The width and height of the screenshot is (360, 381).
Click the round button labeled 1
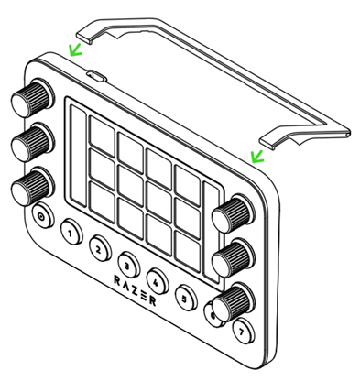click(x=71, y=232)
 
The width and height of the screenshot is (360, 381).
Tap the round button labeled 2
click(x=100, y=248)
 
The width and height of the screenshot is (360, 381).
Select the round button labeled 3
click(x=128, y=264)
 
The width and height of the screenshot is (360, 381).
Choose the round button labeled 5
click(x=186, y=297)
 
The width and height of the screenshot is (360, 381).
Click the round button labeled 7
click(x=243, y=331)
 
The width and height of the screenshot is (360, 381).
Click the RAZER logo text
click(x=135, y=290)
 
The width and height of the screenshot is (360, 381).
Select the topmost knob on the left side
click(x=33, y=98)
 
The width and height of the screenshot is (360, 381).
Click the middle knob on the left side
click(x=33, y=142)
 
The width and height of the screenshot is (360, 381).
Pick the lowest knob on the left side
click(x=33, y=186)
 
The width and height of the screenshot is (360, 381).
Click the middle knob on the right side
click(x=234, y=258)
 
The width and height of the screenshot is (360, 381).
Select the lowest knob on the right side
click(x=234, y=302)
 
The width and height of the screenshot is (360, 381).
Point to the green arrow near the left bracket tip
click(x=75, y=50)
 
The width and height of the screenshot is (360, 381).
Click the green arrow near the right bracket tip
click(x=256, y=157)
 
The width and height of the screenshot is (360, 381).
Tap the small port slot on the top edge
click(x=96, y=77)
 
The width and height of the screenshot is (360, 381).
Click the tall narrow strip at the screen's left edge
click(x=78, y=157)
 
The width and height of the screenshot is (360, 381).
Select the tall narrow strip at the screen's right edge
click(x=212, y=233)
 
